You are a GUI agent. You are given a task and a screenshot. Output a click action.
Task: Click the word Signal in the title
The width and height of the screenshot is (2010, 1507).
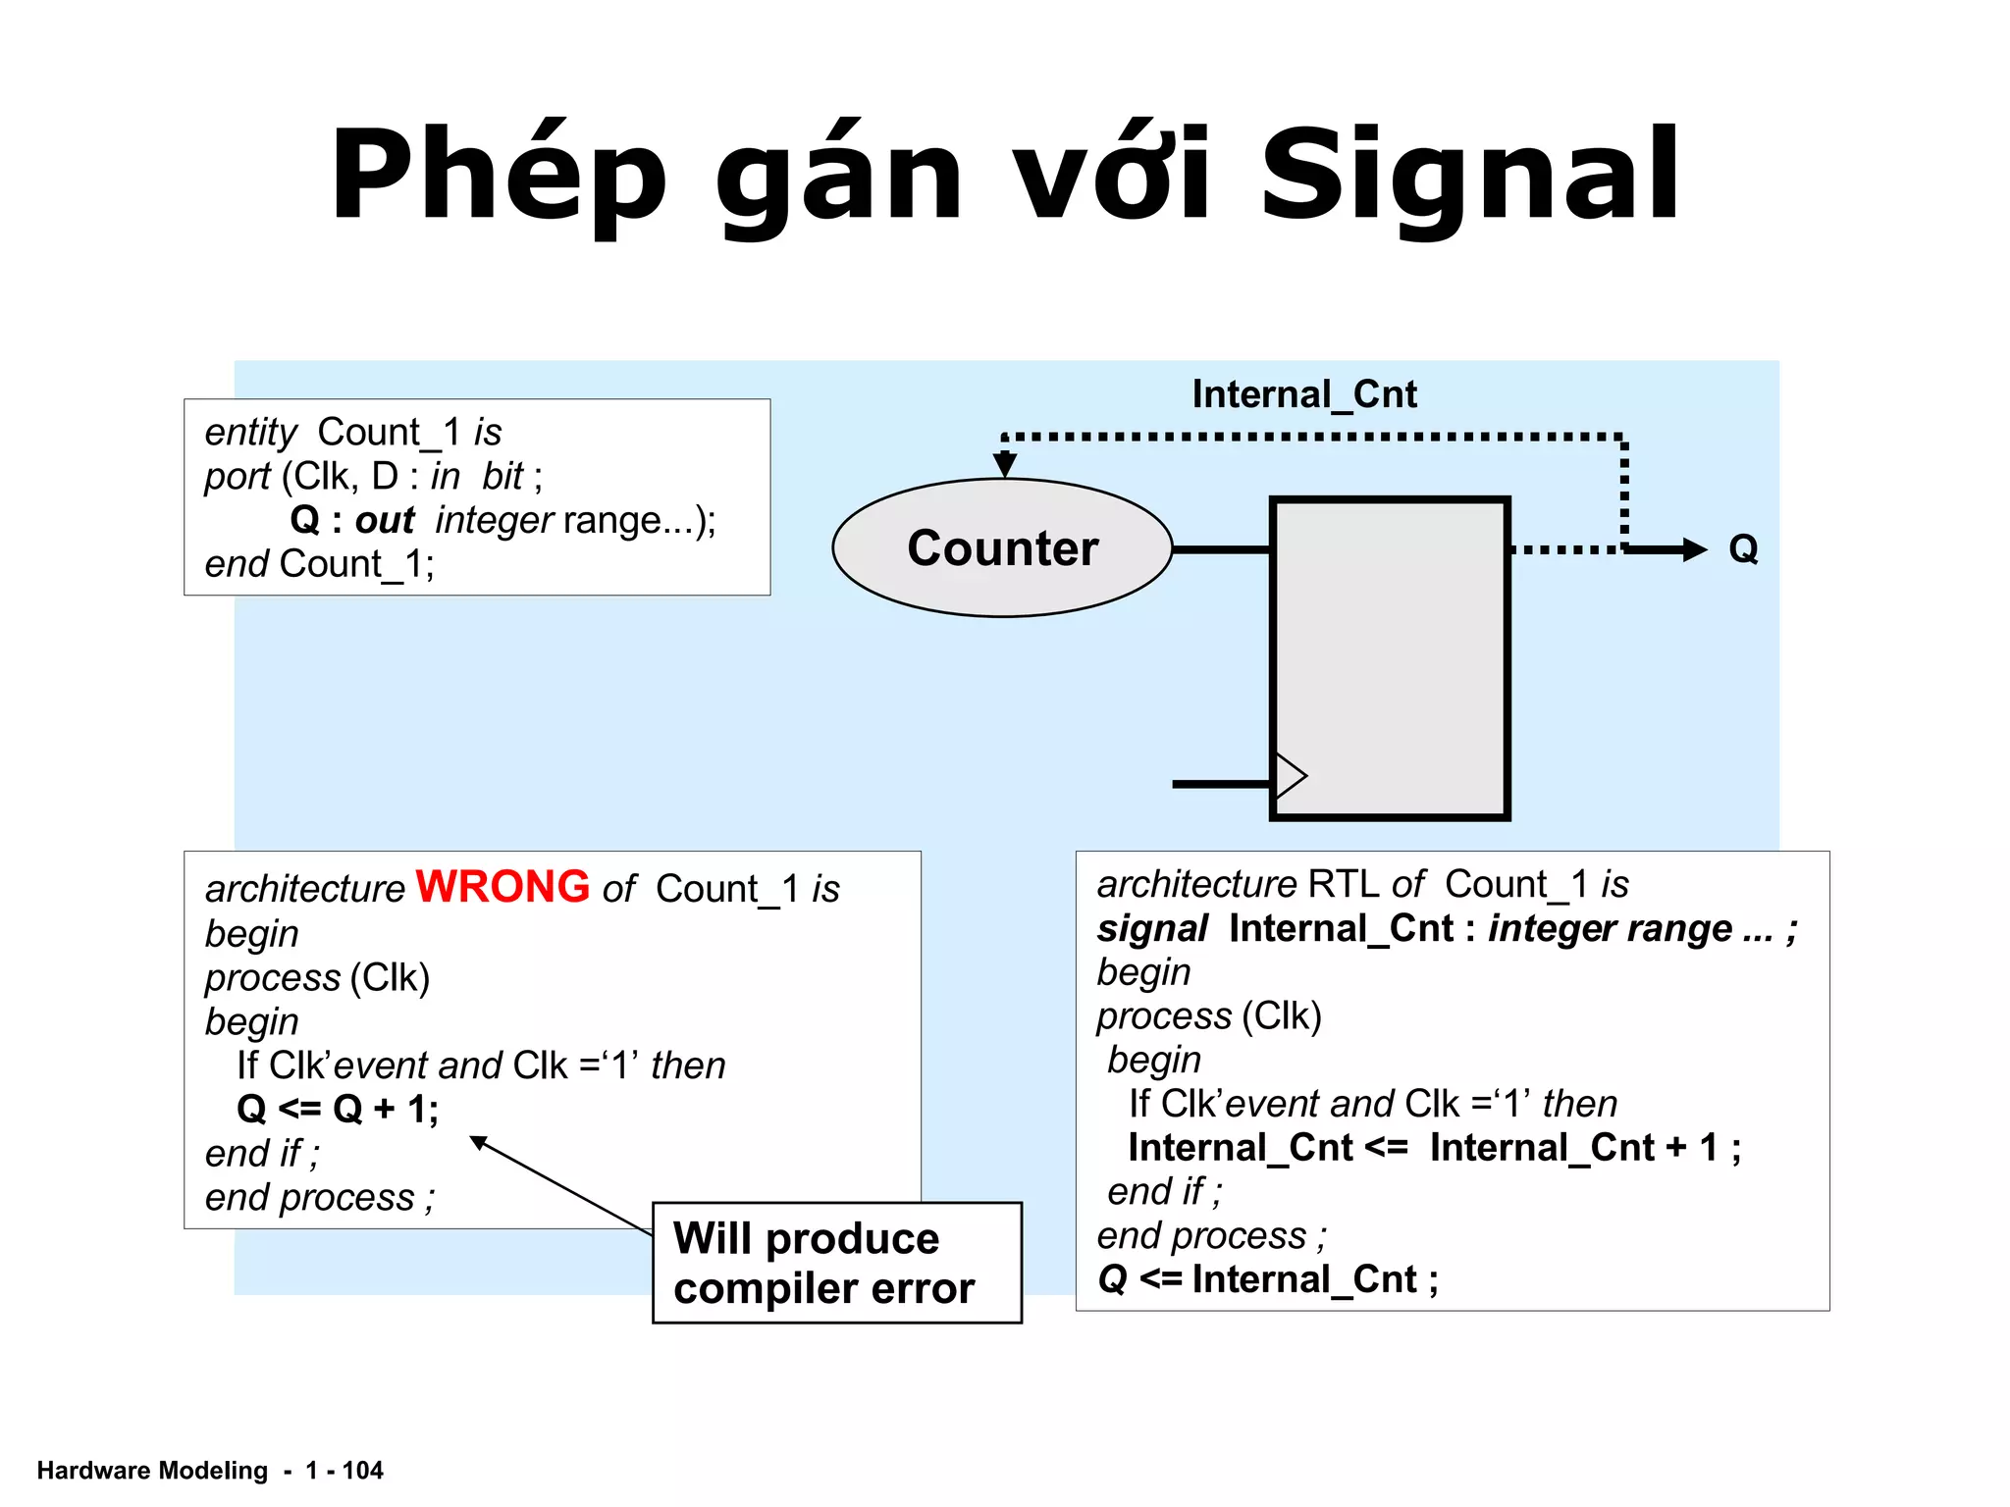[x=1469, y=177]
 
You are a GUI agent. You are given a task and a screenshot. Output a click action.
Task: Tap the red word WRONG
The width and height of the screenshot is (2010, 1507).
[x=502, y=887]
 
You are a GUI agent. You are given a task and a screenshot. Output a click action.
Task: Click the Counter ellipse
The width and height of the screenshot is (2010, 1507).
[x=1002, y=547]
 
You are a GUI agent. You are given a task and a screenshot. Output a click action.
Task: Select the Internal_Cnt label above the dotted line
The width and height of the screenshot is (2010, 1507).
[x=1303, y=394]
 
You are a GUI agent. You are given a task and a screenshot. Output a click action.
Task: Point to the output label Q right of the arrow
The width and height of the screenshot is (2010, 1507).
[x=1743, y=548]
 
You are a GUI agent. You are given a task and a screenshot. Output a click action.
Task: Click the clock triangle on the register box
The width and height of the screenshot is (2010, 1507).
[x=1290, y=776]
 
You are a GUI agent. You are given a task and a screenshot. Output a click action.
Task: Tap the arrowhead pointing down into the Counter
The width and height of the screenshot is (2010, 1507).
[x=1004, y=463]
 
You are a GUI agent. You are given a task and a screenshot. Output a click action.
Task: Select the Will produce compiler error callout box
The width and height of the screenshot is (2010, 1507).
[x=836, y=1263]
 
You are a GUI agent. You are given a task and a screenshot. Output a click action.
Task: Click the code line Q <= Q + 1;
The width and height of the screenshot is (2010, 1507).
[x=338, y=1109]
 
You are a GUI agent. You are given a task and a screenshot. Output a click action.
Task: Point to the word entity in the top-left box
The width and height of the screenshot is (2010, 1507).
[x=250, y=432]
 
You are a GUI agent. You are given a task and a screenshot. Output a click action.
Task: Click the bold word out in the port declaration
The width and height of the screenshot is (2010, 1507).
[x=385, y=520]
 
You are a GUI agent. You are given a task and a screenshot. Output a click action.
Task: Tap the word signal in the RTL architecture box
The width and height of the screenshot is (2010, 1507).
[x=1152, y=928]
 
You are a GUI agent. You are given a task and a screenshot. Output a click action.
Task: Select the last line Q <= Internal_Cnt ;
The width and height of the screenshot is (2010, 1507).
[x=1267, y=1279]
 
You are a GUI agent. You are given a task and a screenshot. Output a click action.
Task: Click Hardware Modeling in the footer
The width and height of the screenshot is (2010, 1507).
[x=152, y=1470]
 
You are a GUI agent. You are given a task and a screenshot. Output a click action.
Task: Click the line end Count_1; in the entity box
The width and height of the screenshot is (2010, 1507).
[x=319, y=564]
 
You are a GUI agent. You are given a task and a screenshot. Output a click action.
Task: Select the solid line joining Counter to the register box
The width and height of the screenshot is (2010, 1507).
[x=1222, y=549]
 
